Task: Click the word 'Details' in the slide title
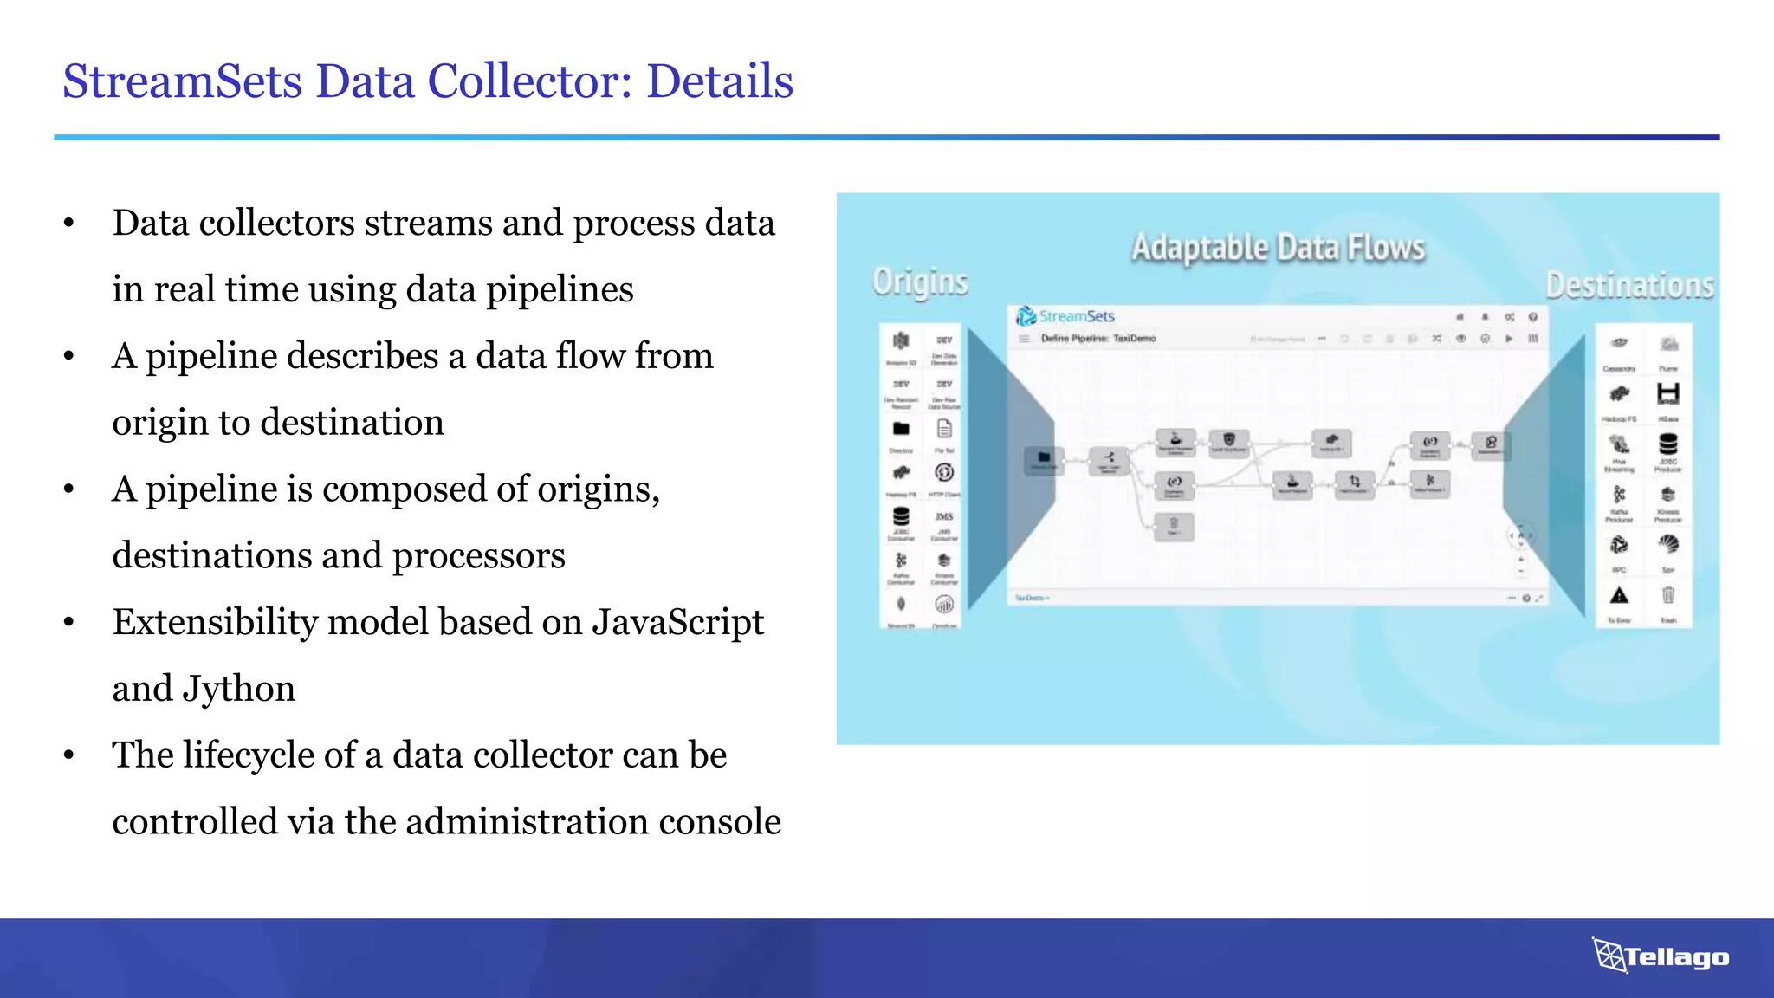point(719,81)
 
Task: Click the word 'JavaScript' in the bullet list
point(677,622)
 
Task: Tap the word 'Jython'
point(238,690)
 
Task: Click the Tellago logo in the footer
point(1661,956)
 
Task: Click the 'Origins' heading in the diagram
point(920,282)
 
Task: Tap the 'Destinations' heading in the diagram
point(1629,285)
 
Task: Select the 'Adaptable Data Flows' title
point(1278,248)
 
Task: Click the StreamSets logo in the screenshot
point(1065,316)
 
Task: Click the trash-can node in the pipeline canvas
point(1174,525)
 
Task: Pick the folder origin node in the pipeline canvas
point(1044,458)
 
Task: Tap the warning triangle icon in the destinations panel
point(1619,596)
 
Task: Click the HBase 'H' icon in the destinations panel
point(1667,394)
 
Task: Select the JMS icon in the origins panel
point(944,516)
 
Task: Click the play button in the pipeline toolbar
point(1509,339)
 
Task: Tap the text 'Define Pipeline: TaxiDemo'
point(1098,339)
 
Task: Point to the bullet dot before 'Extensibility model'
point(69,623)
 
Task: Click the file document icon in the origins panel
point(944,429)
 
